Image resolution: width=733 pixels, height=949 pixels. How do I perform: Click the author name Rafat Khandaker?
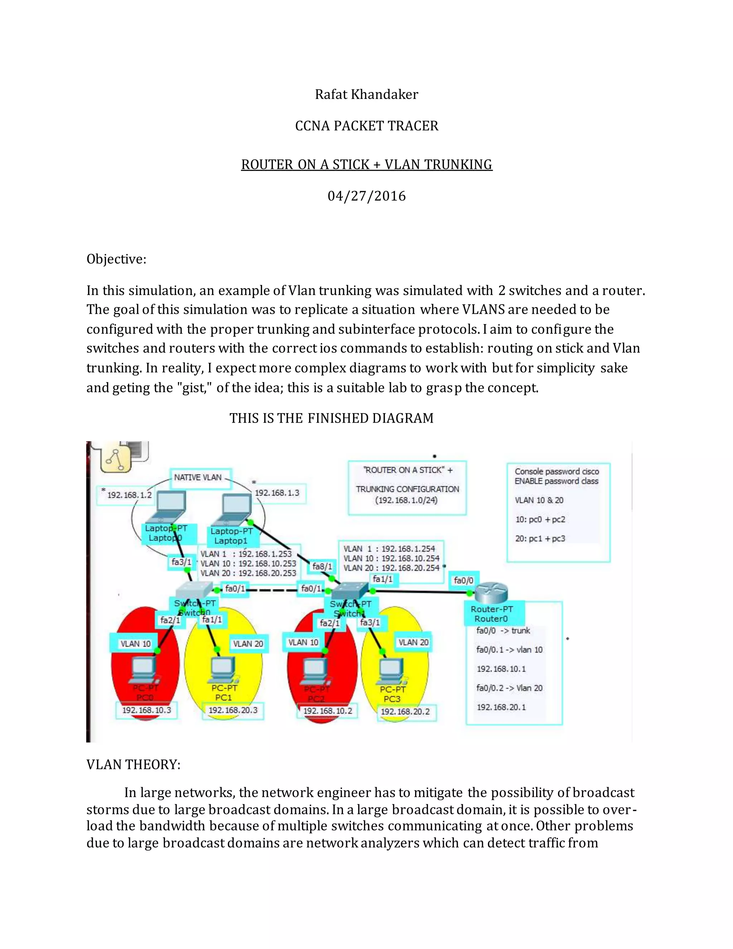[x=366, y=94]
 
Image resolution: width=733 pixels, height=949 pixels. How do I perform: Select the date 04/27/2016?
[x=366, y=196]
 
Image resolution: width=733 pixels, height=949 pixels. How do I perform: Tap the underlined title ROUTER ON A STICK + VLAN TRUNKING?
[x=366, y=165]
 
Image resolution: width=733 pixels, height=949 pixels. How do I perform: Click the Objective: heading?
[x=116, y=259]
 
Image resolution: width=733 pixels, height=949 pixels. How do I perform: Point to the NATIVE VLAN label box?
[x=198, y=477]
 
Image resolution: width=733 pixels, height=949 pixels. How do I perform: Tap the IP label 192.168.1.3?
[x=277, y=493]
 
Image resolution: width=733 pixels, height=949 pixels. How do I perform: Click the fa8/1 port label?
[x=322, y=567]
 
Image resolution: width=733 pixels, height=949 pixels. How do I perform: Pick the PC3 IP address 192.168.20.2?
[x=405, y=712]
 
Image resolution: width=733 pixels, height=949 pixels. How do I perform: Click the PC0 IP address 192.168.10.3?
[x=146, y=710]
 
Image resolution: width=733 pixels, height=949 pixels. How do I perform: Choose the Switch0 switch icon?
[x=194, y=590]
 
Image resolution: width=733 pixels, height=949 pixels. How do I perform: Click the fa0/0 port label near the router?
[x=463, y=581]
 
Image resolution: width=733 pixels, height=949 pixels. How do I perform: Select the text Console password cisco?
[x=557, y=472]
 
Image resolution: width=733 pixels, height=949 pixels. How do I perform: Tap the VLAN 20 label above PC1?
[x=248, y=644]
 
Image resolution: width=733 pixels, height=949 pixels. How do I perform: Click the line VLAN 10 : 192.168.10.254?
[x=391, y=558]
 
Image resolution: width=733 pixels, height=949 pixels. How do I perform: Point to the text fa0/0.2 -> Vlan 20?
[x=509, y=688]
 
